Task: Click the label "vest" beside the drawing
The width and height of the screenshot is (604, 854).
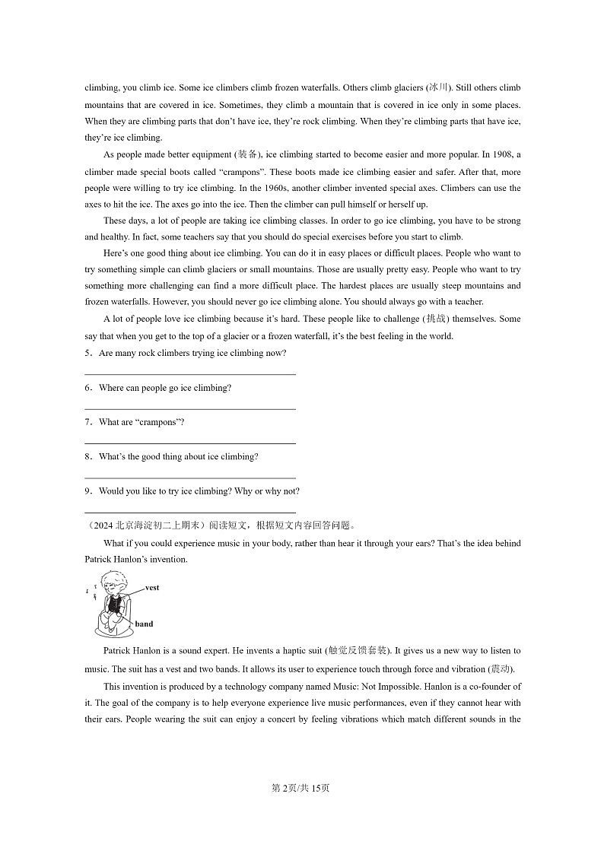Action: click(151, 588)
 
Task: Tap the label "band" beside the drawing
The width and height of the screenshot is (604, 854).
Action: click(144, 624)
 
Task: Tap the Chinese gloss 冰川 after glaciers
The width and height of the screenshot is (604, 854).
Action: click(439, 88)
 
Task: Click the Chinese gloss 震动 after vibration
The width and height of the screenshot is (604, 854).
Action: click(501, 669)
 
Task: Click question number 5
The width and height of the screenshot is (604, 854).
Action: click(88, 354)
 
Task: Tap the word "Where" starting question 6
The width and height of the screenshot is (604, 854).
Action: click(111, 388)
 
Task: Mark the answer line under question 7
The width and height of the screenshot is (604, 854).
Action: click(189, 443)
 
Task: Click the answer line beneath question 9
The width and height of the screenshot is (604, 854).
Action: click(189, 513)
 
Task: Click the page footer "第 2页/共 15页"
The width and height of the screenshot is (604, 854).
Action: click(301, 788)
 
